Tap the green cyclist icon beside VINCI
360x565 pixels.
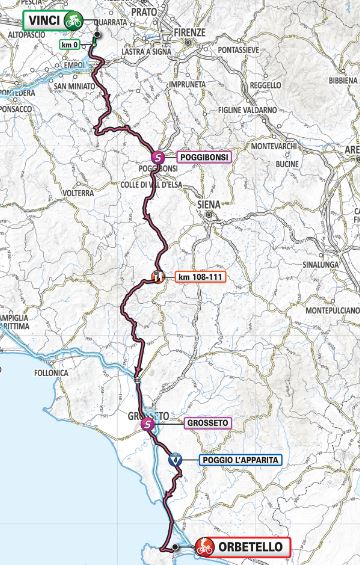point(73,18)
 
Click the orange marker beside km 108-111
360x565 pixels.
point(156,276)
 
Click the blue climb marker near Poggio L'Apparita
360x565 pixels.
point(175,460)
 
